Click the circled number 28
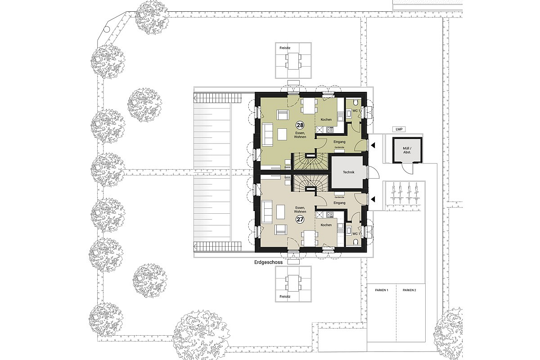299,124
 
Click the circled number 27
299,219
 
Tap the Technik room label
349,172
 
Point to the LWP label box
399,129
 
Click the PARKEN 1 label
381,291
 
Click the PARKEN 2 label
409,291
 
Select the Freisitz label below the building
285,297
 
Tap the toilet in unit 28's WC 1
355,101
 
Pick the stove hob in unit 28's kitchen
329,130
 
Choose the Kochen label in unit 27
326,225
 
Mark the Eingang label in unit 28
339,142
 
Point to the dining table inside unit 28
309,106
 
